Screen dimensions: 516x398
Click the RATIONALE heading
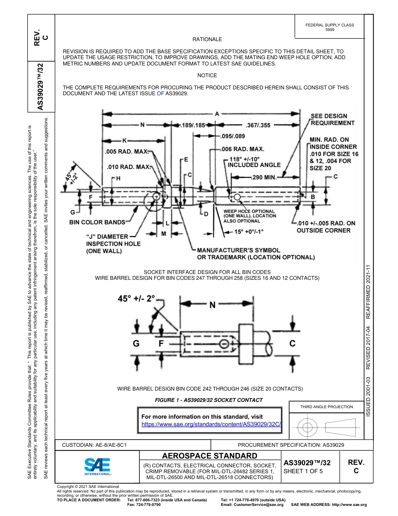(x=207, y=39)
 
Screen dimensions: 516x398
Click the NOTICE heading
(x=207, y=76)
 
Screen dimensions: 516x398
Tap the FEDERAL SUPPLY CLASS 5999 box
(x=329, y=27)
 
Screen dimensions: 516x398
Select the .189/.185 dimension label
(x=192, y=125)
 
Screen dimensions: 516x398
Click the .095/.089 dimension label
(x=233, y=136)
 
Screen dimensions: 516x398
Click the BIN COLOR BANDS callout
(x=97, y=222)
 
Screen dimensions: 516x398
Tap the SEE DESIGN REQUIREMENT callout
(x=332, y=120)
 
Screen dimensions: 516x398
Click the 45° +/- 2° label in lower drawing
(x=136, y=299)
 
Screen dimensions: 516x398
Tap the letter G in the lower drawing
(x=136, y=344)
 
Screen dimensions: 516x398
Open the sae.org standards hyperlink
(x=211, y=424)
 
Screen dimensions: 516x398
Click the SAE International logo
(x=97, y=466)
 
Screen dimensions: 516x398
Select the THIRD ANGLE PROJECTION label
(x=326, y=407)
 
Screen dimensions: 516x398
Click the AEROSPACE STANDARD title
(x=209, y=456)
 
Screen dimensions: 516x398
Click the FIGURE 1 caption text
(x=209, y=400)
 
